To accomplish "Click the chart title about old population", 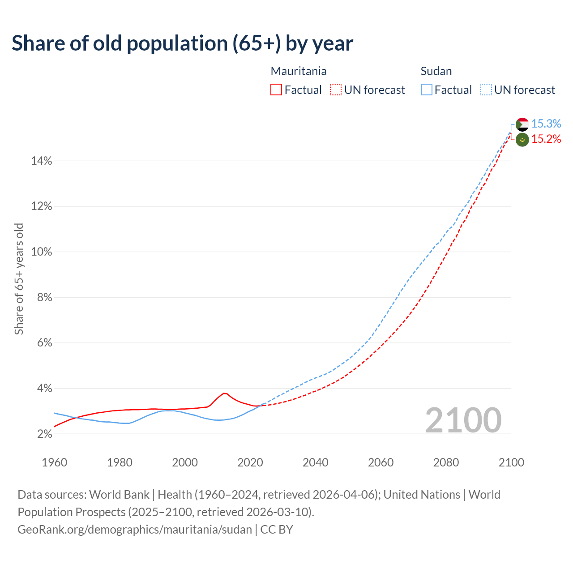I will click(182, 43).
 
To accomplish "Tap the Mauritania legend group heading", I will click(299, 71).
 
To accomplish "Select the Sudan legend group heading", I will click(436, 71).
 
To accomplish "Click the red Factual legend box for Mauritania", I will click(276, 90).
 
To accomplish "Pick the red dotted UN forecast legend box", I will click(336, 90).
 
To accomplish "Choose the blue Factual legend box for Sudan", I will click(426, 90).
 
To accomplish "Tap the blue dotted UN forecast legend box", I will click(486, 90).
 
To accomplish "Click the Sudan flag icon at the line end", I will click(522, 124).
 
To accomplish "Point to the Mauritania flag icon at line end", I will click(522, 140).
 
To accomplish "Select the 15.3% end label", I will click(546, 124).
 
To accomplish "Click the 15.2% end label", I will click(546, 139).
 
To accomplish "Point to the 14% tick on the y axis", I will click(42, 161).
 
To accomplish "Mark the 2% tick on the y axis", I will click(43, 434).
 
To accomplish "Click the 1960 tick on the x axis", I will click(54, 462).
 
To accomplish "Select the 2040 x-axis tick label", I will click(315, 462).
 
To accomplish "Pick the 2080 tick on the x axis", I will click(446, 462).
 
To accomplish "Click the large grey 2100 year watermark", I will click(463, 420).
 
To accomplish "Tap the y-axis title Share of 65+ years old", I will click(19, 278).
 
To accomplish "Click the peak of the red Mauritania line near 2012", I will click(224, 393).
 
